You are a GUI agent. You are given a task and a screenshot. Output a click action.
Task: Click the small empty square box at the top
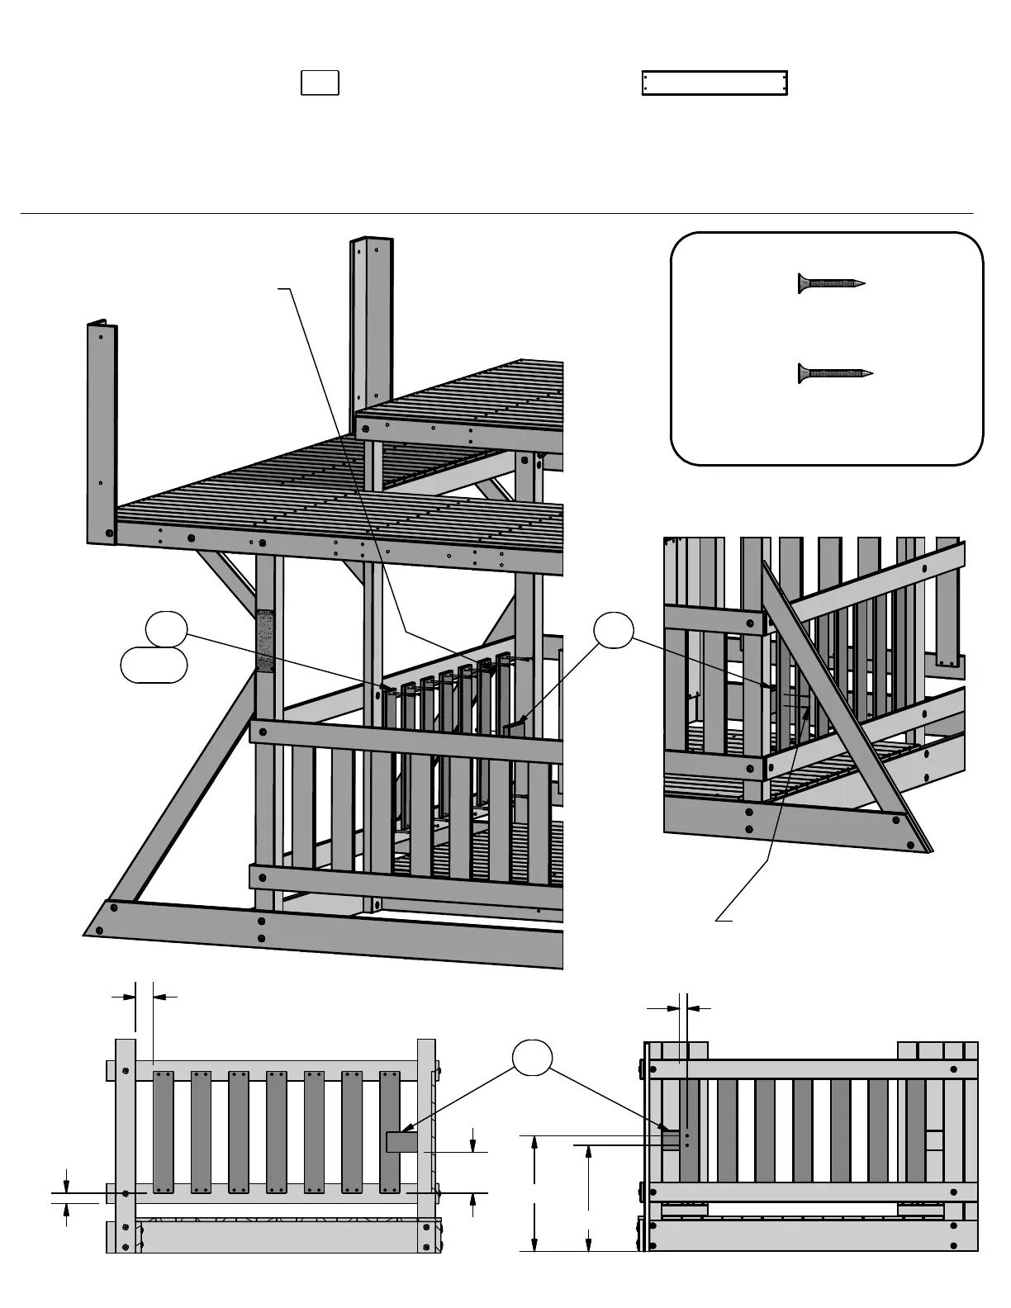(320, 83)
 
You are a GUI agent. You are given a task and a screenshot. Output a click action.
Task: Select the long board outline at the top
(714, 83)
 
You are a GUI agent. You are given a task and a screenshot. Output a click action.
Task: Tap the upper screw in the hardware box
(830, 283)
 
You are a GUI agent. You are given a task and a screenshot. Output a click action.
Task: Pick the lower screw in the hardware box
(834, 373)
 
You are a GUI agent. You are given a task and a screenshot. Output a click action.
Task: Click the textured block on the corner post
(265, 641)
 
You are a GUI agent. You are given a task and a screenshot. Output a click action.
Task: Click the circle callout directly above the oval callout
(166, 630)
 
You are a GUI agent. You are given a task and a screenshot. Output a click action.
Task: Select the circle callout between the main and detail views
(614, 631)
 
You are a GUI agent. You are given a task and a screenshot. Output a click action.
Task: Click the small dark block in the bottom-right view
(671, 1140)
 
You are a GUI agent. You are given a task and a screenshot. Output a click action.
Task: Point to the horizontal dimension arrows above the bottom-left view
(145, 997)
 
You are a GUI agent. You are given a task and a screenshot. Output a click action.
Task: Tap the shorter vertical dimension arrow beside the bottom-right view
(588, 1197)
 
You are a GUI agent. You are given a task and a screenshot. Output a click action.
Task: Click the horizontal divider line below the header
(496, 213)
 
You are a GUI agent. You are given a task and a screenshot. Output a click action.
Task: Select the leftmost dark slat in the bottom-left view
(164, 1131)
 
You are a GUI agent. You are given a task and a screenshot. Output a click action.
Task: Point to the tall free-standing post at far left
(102, 434)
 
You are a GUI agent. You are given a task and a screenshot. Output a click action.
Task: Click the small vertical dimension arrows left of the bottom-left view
(67, 1193)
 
